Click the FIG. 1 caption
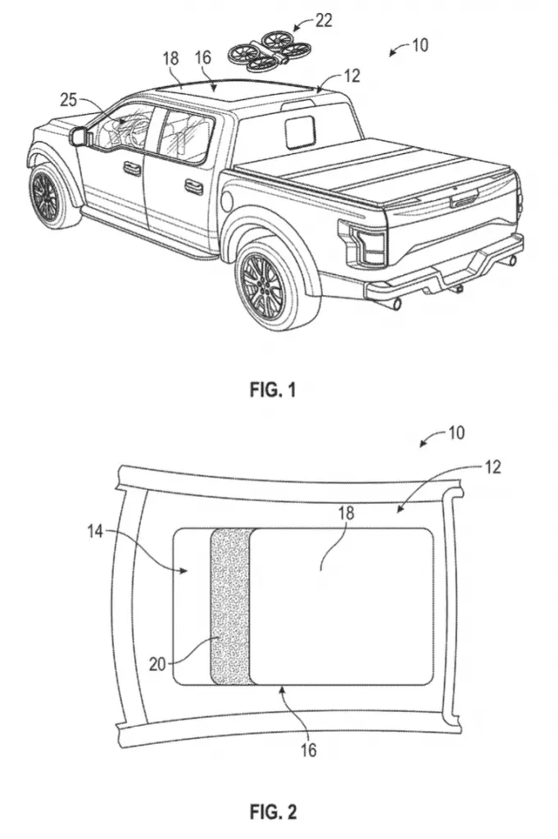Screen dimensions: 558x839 (x=272, y=389)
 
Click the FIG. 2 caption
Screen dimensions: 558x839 (x=273, y=812)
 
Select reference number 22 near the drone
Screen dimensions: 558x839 (x=323, y=20)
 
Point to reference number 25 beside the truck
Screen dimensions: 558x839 (x=69, y=100)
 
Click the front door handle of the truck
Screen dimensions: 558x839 (x=130, y=167)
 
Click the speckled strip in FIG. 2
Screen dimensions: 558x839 (x=231, y=607)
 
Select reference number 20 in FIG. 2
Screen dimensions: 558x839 (x=157, y=664)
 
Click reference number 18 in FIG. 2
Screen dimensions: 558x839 (x=346, y=513)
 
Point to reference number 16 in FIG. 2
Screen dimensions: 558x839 (x=309, y=750)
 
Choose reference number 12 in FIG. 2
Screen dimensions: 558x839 (x=492, y=467)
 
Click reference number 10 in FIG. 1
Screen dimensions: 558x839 (x=420, y=45)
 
